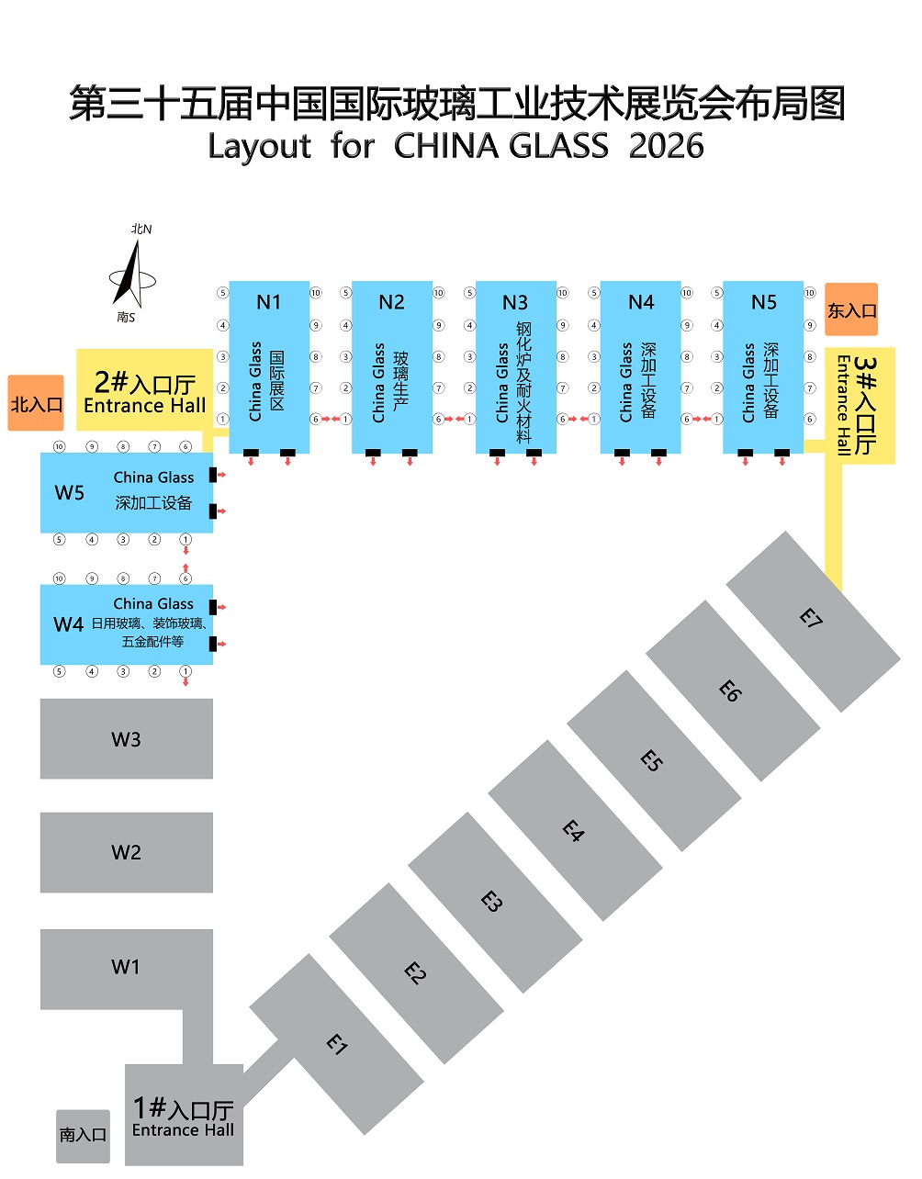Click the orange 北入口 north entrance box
click(37, 403)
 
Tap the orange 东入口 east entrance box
click(851, 310)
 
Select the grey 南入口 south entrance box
click(83, 1136)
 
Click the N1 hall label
click(268, 302)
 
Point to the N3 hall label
click(515, 302)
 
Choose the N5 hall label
click(763, 302)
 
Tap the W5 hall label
click(70, 492)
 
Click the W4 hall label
click(69, 624)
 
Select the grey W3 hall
click(126, 739)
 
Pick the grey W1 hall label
click(126, 967)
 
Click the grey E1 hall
click(336, 1044)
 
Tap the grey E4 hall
click(574, 831)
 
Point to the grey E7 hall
click(812, 618)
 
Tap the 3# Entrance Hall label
click(855, 404)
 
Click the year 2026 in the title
click(666, 147)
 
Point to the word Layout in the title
click(259, 147)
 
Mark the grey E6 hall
click(731, 690)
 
